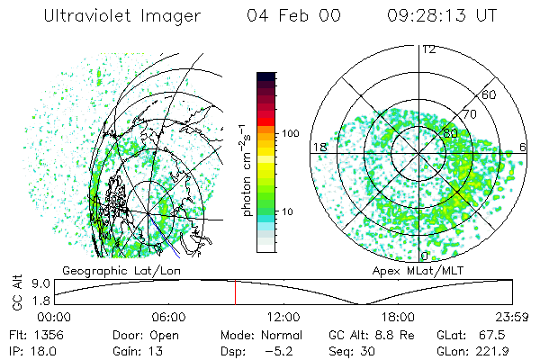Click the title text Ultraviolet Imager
[x=100, y=16]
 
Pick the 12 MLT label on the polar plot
[x=428, y=49]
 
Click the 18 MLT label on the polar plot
[x=319, y=147]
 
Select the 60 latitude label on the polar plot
[x=490, y=94]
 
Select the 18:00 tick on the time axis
[x=398, y=317]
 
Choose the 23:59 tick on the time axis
[x=511, y=317]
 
